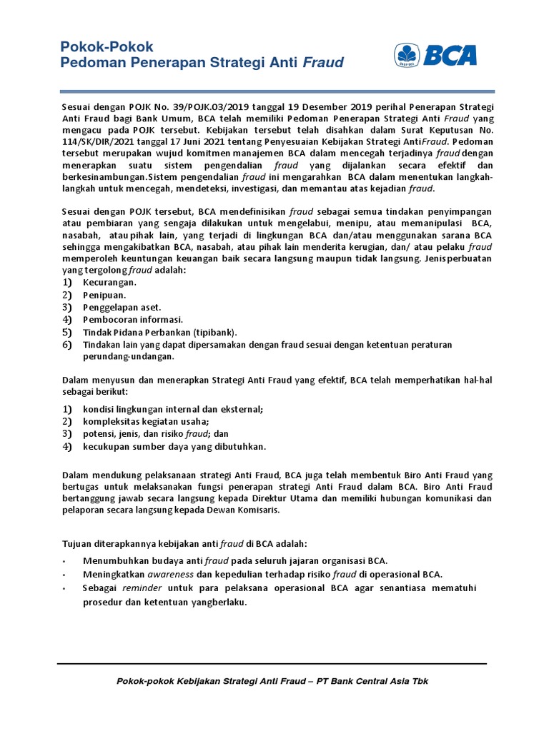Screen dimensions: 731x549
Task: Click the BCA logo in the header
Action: [x=435, y=55]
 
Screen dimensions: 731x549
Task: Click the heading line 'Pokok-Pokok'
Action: [x=107, y=47]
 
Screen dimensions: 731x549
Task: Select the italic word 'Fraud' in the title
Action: [x=323, y=63]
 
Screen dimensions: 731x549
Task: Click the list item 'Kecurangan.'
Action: [x=109, y=283]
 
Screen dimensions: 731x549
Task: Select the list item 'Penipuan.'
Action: [x=104, y=295]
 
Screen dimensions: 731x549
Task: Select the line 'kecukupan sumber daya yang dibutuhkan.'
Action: [x=174, y=446]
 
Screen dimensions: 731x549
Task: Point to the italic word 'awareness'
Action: [x=170, y=574]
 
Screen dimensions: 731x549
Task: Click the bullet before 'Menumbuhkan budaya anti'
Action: [x=64, y=561]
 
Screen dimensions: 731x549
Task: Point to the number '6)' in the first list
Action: [x=67, y=345]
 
